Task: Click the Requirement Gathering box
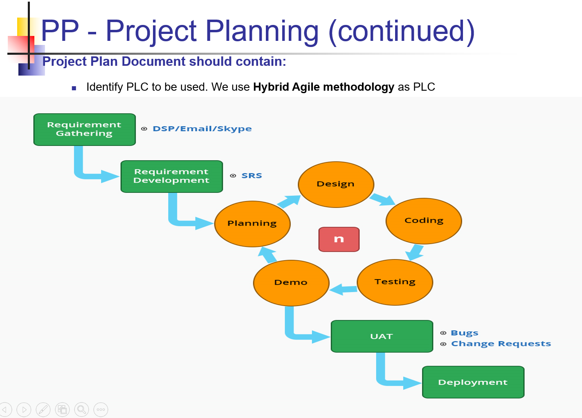click(84, 130)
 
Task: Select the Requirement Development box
click(171, 177)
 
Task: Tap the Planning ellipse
click(252, 224)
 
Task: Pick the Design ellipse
click(336, 185)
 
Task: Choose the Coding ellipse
click(424, 221)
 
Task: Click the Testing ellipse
click(395, 282)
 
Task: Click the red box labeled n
click(339, 239)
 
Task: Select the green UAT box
click(382, 336)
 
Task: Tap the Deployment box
click(473, 382)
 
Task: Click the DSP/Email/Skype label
click(202, 129)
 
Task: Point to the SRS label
click(252, 176)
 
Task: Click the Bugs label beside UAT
click(464, 333)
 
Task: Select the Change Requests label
click(501, 344)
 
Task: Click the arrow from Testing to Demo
click(344, 290)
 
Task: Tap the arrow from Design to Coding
click(382, 199)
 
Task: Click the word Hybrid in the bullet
click(271, 87)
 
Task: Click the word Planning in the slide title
click(262, 31)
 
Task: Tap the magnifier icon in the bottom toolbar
click(81, 409)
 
